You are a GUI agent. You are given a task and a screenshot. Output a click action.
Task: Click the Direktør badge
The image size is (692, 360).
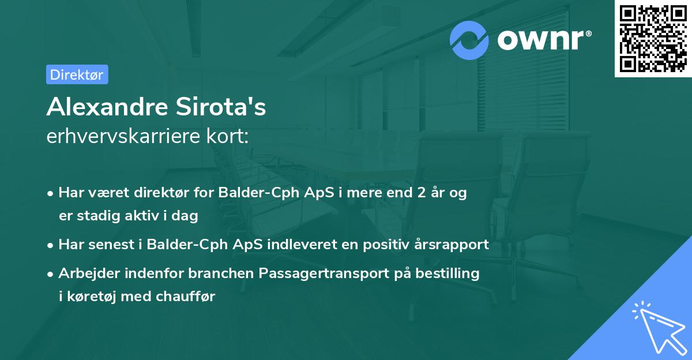(x=77, y=74)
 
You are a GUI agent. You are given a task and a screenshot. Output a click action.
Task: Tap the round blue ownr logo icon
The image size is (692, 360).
(x=469, y=40)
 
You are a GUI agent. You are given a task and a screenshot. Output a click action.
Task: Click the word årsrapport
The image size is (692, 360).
(x=452, y=244)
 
